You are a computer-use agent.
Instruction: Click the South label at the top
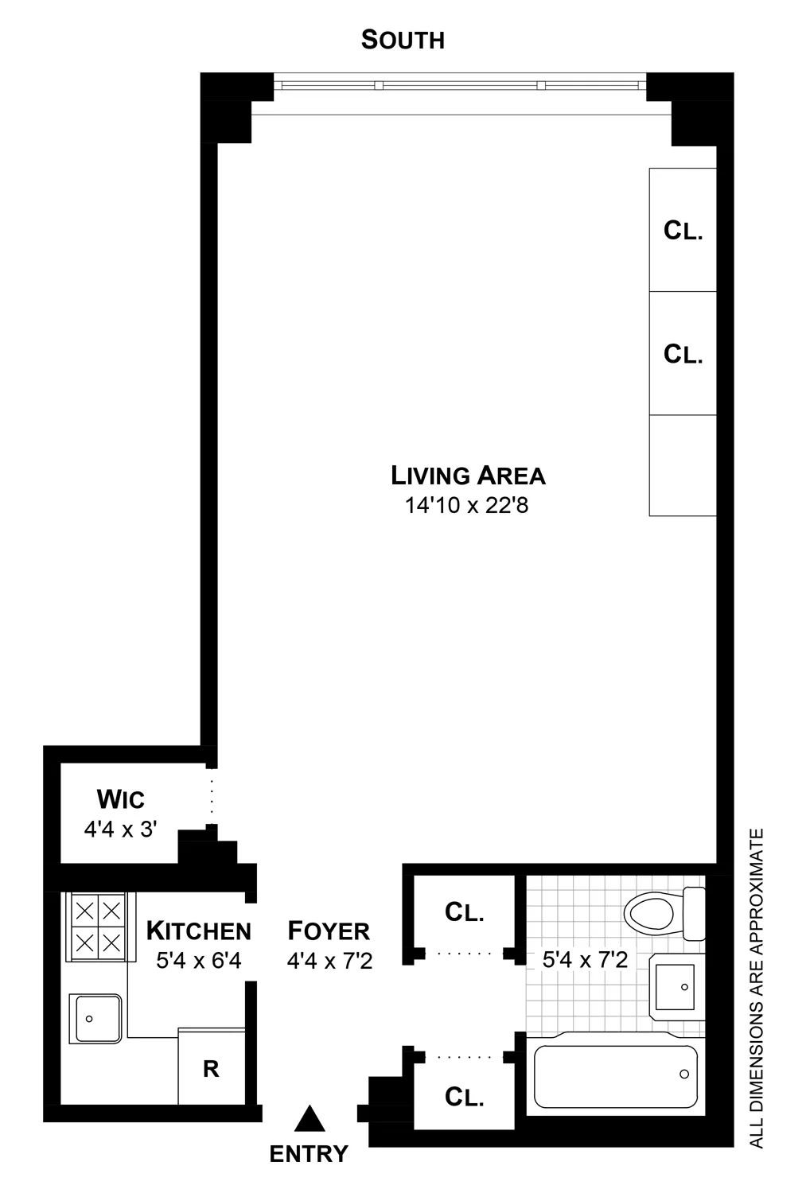[403, 40]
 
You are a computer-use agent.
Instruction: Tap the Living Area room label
[468, 476]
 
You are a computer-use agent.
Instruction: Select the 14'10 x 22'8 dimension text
[467, 505]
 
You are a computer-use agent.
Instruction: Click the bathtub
[615, 1075]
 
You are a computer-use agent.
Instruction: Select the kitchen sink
[95, 1016]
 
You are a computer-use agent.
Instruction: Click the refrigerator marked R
[211, 1069]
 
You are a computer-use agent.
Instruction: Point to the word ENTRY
[309, 1153]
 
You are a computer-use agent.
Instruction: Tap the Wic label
[121, 799]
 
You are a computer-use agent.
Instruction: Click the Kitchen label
[198, 931]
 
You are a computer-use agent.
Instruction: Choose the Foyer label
[329, 931]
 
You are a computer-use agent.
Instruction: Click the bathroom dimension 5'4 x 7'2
[585, 960]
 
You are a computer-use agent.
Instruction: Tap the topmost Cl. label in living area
[683, 231]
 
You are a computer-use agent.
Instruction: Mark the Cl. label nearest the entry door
[465, 1098]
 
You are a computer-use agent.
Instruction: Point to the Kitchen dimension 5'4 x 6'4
[198, 961]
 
